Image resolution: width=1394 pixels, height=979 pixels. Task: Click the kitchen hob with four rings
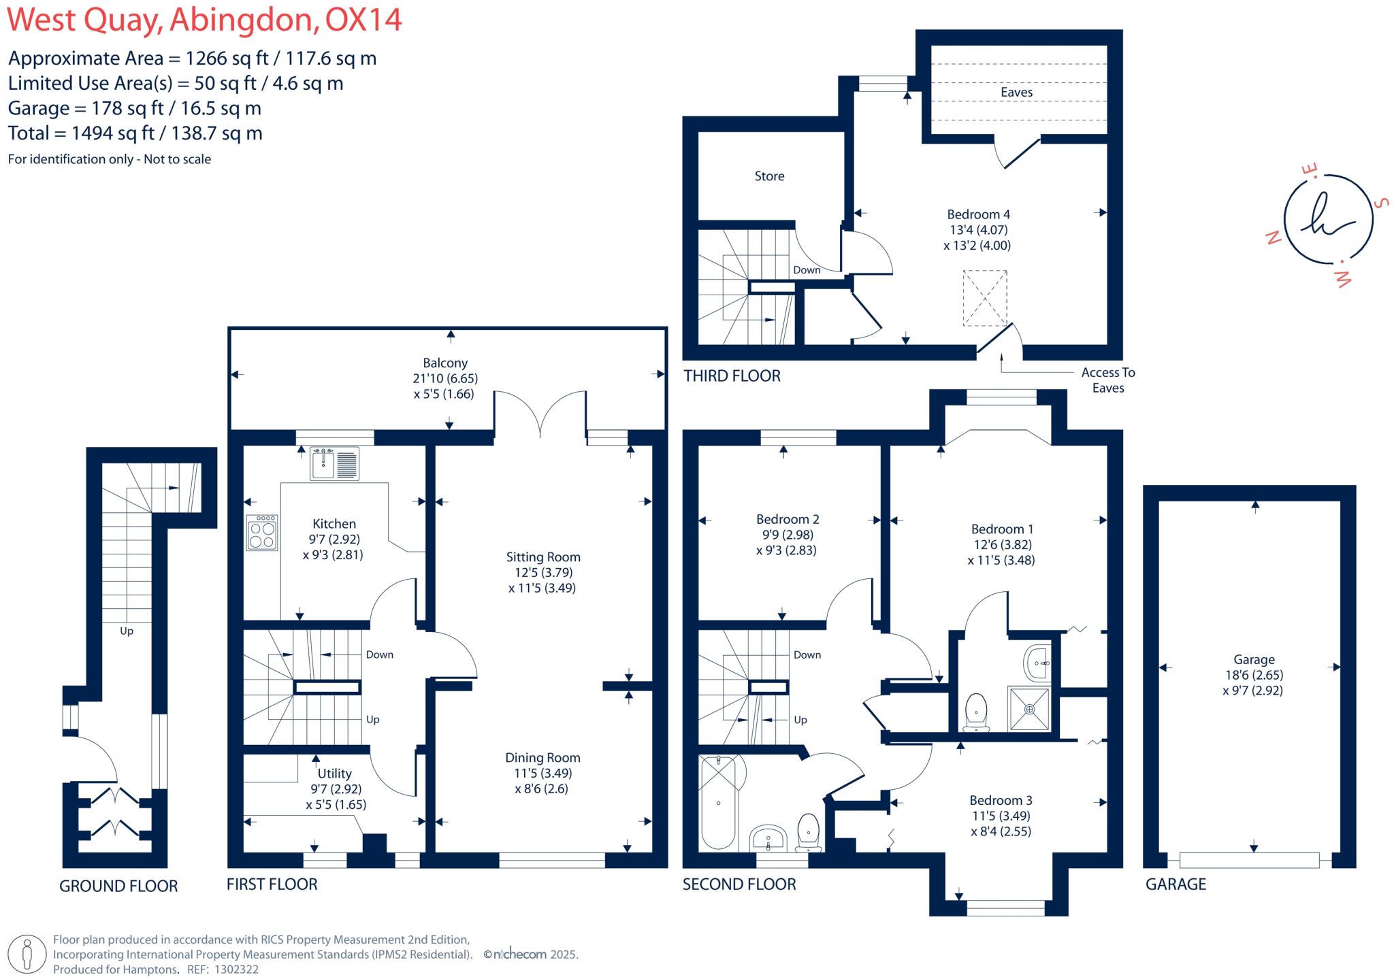262,533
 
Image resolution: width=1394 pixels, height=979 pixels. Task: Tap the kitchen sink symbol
334,463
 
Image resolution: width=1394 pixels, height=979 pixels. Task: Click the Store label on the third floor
769,176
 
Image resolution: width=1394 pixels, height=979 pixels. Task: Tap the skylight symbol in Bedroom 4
984,298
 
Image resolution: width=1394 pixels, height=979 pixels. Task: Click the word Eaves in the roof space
1016,93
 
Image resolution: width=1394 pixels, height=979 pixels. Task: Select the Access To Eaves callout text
1107,380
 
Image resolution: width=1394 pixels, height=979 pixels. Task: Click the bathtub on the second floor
719,803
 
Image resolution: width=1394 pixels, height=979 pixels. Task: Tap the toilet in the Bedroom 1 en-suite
976,711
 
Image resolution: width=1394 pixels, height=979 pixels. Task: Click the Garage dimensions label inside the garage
1253,675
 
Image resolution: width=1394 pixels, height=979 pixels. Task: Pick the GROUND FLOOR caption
118,886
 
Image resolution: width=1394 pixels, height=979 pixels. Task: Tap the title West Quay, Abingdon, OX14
204,20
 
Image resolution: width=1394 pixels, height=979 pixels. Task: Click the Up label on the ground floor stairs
127,631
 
